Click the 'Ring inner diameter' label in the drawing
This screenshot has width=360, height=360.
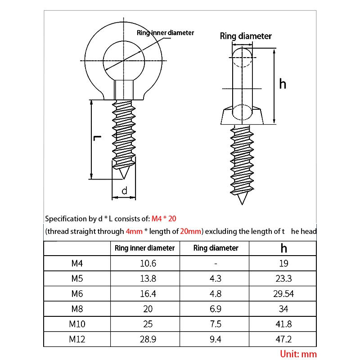click(x=165, y=33)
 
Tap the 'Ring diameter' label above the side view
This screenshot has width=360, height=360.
click(x=246, y=36)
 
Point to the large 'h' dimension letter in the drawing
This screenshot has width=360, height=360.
click(x=283, y=84)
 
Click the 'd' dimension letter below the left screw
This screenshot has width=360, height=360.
click(x=125, y=191)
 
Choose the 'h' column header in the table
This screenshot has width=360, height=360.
click(x=283, y=248)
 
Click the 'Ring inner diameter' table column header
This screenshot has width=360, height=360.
click(x=144, y=248)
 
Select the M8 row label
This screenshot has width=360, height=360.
click(x=77, y=309)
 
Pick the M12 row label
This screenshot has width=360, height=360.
click(x=77, y=339)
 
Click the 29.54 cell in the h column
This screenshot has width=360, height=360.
click(x=283, y=293)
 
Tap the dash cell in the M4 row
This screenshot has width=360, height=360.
click(x=216, y=263)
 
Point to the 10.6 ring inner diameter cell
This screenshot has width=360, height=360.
click(x=148, y=263)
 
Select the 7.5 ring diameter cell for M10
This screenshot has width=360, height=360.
click(x=216, y=324)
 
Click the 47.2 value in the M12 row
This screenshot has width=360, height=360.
click(x=283, y=339)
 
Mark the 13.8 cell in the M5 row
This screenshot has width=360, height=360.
click(x=148, y=279)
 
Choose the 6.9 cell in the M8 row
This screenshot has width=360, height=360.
click(x=216, y=309)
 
